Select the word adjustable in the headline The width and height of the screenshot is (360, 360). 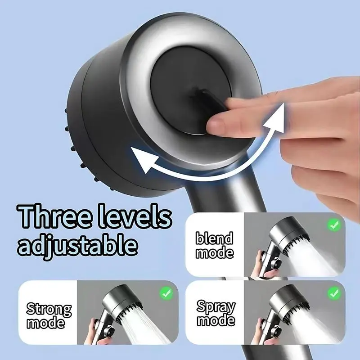[77, 244]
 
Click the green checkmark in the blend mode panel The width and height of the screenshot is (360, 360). [334, 225]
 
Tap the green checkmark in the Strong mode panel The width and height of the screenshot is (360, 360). [166, 293]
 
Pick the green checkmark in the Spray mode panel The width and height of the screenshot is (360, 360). [334, 293]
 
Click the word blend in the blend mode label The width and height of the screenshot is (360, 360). [215, 238]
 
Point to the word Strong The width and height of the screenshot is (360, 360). [49, 309]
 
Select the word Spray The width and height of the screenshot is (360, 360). [216, 307]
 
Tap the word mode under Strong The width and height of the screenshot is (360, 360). [46, 323]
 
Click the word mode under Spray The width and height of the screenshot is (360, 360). [216, 320]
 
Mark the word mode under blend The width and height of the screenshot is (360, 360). [215, 252]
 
